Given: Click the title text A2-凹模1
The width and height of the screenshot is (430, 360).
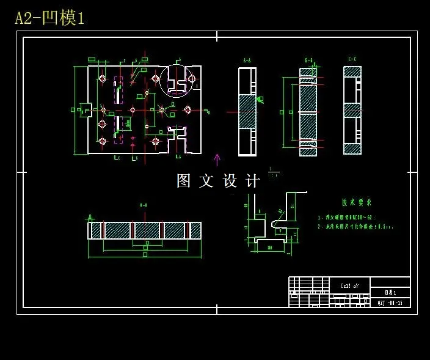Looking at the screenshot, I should click(49, 18).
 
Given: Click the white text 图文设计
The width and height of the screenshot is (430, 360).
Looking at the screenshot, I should click(218, 181).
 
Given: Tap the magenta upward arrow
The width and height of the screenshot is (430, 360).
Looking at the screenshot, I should click(217, 160).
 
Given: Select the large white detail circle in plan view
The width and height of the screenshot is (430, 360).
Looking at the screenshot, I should click(176, 81).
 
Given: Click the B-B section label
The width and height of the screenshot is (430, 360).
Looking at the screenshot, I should click(309, 60).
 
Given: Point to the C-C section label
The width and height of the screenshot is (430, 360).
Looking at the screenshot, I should click(352, 59).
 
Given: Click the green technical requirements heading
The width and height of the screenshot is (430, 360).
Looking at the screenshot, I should click(357, 202).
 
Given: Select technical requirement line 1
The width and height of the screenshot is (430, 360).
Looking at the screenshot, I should click(346, 217).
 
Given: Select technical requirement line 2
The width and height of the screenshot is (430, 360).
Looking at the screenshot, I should click(355, 227).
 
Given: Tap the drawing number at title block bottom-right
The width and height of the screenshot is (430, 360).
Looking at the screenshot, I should click(390, 303).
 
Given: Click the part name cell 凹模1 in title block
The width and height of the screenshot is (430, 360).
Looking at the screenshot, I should click(390, 293).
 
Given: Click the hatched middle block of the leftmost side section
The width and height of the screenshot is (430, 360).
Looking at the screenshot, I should click(247, 111).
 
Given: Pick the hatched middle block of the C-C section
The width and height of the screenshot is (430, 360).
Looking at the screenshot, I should click(352, 111).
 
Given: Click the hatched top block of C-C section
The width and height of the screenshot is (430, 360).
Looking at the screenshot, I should click(352, 72).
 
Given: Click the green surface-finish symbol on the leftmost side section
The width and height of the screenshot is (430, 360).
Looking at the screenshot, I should click(260, 99).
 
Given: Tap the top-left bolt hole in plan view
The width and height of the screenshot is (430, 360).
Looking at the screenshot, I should click(102, 79).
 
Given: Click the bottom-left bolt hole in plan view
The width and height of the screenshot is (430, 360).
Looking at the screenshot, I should click(102, 141).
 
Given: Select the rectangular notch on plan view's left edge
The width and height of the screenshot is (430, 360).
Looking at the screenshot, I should click(87, 110).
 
